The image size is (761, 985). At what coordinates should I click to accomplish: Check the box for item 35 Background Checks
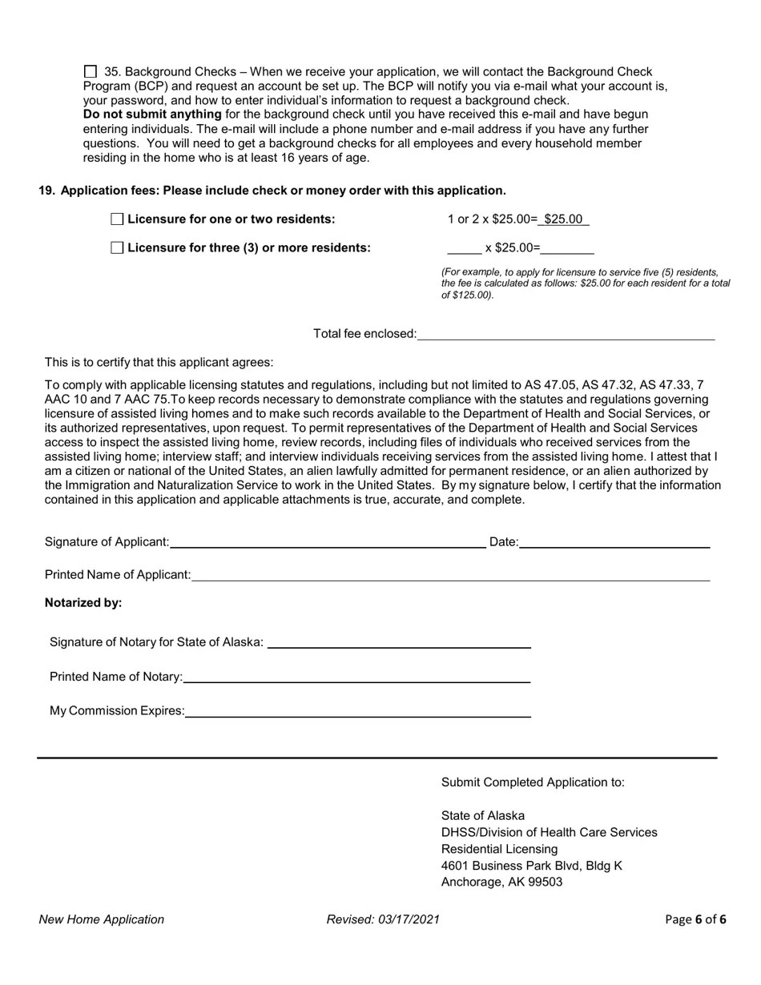click(x=90, y=72)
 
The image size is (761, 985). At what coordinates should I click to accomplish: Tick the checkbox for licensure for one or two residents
click(x=117, y=219)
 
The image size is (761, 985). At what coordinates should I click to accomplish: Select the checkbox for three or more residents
click(x=117, y=247)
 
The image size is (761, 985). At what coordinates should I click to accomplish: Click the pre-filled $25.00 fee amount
click(x=563, y=219)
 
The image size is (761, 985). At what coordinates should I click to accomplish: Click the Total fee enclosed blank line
click(x=565, y=334)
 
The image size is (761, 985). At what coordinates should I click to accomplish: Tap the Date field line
click(x=614, y=542)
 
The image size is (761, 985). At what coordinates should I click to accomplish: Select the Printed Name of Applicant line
click(x=450, y=575)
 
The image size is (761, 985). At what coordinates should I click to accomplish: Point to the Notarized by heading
click(x=83, y=603)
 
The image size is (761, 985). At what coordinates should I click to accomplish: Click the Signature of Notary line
click(x=398, y=642)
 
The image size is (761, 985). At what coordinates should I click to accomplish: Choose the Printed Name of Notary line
click(x=356, y=677)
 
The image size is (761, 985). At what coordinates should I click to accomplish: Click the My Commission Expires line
click(x=357, y=711)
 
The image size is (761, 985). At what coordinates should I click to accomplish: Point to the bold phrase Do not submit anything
click(x=152, y=115)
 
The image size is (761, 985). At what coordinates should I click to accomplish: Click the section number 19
click(x=46, y=191)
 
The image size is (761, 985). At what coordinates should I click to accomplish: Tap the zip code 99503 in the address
click(x=544, y=882)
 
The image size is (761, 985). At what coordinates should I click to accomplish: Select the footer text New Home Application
click(x=101, y=919)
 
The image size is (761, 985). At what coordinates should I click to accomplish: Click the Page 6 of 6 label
click(x=695, y=919)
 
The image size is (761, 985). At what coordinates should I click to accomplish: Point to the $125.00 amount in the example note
click(x=471, y=295)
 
